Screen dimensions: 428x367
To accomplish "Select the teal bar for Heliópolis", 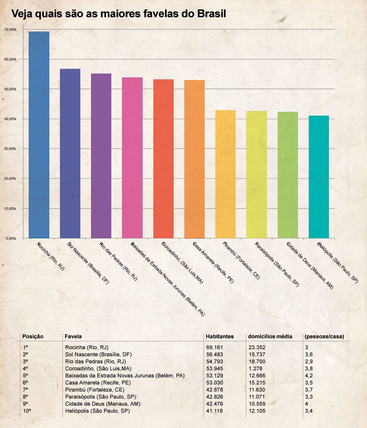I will coord(319,177).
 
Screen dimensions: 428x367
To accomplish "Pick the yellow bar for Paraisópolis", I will coord(256,174).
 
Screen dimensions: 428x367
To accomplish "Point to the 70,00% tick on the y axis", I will coord(10,30).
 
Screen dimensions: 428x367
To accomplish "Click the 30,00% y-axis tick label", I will coord(10,149).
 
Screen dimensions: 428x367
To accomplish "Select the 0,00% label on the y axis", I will coord(11,238).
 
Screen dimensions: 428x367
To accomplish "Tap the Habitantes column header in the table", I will coord(220,337).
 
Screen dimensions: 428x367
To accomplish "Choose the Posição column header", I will coord(33,337).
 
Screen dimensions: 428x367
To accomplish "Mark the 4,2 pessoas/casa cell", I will coord(309,375).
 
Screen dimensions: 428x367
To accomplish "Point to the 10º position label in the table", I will coord(26,411).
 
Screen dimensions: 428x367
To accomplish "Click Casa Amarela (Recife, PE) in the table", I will coord(98,383).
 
